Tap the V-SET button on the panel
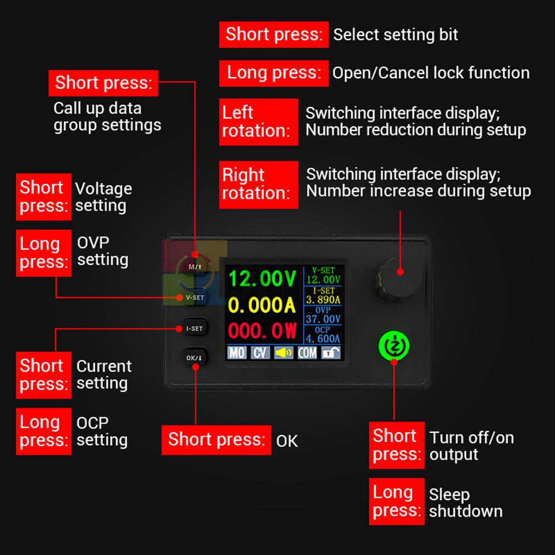(x=195, y=297)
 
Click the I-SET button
(x=195, y=329)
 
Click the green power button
(x=394, y=346)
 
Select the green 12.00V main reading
(x=263, y=278)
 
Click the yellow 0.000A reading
(x=261, y=305)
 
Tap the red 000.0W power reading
(x=263, y=331)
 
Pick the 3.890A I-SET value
(x=323, y=300)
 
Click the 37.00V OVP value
(x=323, y=319)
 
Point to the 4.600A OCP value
(x=323, y=339)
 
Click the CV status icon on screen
(x=260, y=352)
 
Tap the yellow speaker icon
(x=284, y=352)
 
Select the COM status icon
(x=307, y=352)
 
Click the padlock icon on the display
(x=331, y=352)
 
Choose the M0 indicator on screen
(x=237, y=352)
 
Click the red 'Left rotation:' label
(x=259, y=122)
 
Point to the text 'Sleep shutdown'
(x=466, y=503)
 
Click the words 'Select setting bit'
(x=395, y=34)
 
